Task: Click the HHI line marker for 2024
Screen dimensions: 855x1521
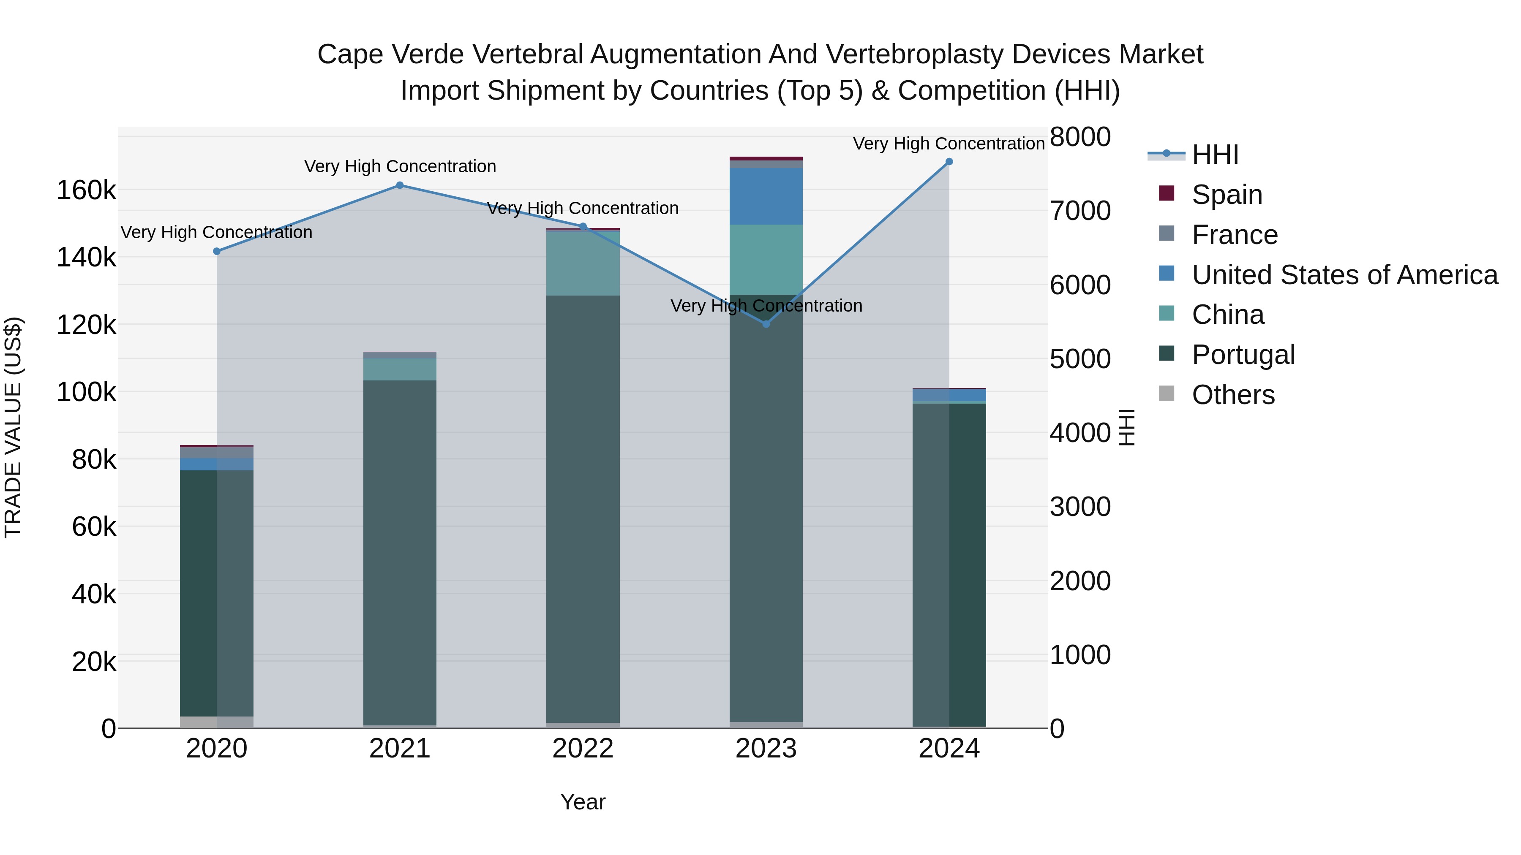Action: [x=949, y=162]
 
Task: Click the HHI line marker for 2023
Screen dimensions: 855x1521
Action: [x=766, y=324]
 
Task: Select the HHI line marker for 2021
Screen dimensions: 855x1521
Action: [x=400, y=185]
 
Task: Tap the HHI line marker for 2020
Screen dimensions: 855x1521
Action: [x=217, y=251]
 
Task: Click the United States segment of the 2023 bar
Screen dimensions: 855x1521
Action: [x=766, y=196]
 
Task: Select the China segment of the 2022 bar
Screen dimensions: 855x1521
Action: [x=583, y=263]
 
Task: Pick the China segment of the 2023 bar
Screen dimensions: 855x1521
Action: [x=766, y=259]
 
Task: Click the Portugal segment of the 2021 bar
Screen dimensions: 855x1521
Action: [x=400, y=552]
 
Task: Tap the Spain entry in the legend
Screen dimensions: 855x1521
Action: [x=1227, y=195]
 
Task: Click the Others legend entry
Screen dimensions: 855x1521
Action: [x=1233, y=395]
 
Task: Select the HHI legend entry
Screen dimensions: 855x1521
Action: [x=1215, y=155]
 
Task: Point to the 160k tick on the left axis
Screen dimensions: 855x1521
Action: [x=86, y=190]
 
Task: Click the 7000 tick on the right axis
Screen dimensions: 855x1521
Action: [x=1080, y=211]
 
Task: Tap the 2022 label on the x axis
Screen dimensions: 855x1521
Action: [x=583, y=749]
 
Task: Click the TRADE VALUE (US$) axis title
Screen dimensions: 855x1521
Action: [x=14, y=427]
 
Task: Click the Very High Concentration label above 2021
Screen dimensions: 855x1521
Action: [x=400, y=166]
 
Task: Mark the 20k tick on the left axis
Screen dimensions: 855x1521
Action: [x=93, y=662]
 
